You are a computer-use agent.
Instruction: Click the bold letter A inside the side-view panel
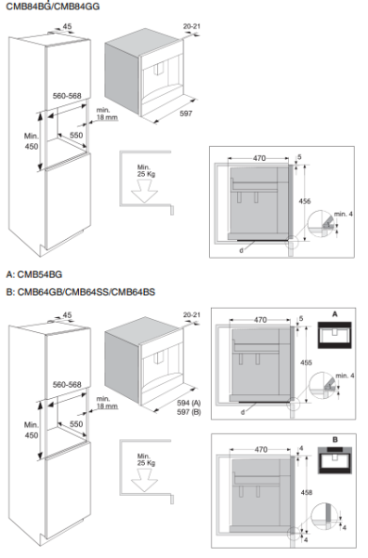click(332, 315)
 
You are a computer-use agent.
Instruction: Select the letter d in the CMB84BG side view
click(240, 248)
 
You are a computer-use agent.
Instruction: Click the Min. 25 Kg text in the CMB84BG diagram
click(145, 173)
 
